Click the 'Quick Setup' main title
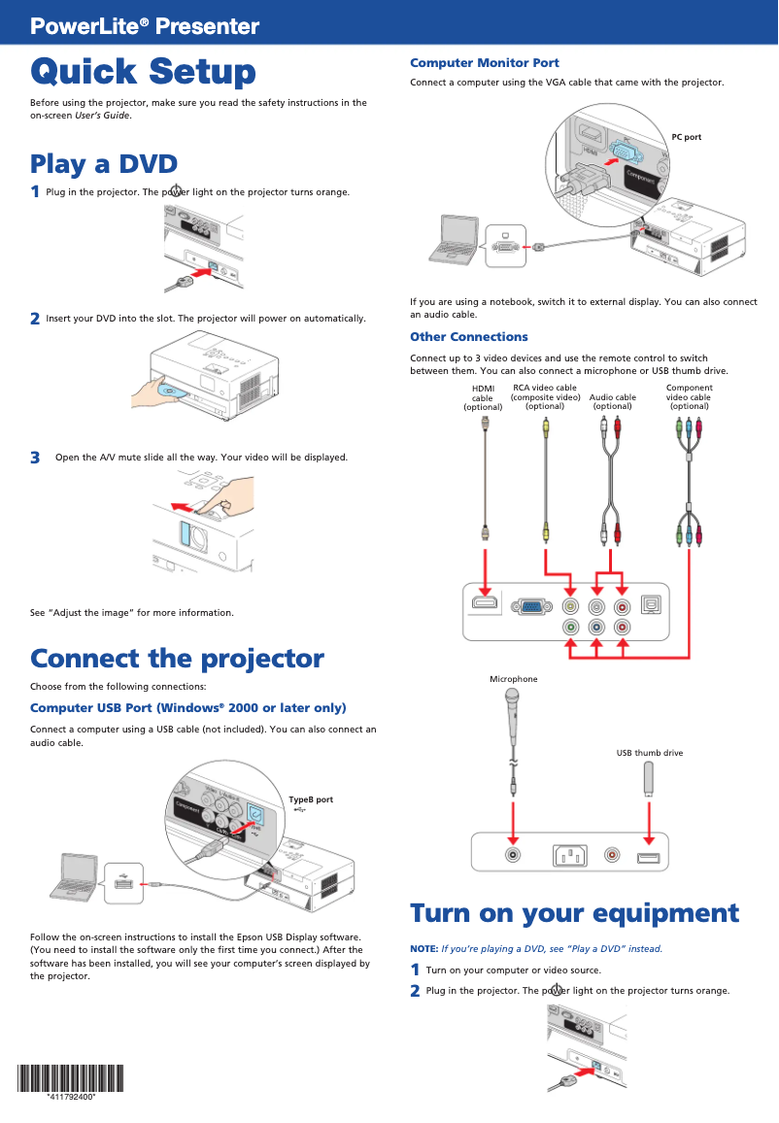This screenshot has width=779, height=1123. (143, 72)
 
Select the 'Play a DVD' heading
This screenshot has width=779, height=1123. (103, 163)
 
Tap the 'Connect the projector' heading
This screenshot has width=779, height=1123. (177, 659)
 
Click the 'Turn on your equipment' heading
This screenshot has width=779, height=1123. (574, 913)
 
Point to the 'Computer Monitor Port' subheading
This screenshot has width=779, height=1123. (484, 63)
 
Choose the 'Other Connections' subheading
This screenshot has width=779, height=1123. (468, 337)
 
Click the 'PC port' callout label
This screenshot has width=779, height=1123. (686, 137)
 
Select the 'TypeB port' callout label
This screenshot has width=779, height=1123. (310, 800)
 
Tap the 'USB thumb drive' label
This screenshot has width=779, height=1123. (649, 753)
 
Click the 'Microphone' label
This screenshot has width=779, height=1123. (513, 679)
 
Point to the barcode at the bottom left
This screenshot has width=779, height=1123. (70, 1077)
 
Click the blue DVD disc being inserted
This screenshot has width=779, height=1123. (171, 393)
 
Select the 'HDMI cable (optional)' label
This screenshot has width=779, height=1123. (482, 397)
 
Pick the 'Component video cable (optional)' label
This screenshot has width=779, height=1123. (689, 396)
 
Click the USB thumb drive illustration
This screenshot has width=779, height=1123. (649, 779)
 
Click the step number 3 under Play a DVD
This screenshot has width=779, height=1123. (35, 458)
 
